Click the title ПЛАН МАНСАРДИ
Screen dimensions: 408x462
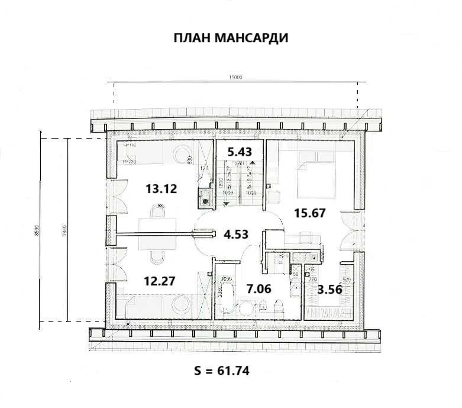coord(231,38)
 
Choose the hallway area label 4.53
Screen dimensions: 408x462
coord(235,234)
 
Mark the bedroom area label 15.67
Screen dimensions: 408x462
coord(310,213)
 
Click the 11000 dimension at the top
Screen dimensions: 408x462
coord(237,78)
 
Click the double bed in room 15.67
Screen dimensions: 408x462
coord(316,175)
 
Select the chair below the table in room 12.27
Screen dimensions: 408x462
coord(158,256)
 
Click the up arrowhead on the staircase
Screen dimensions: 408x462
coord(253,163)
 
